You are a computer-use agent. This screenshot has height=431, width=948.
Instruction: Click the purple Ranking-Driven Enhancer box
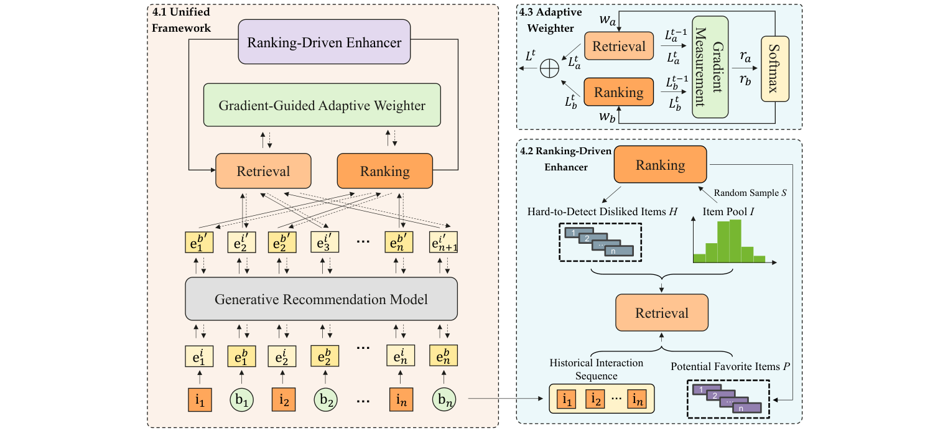point(324,43)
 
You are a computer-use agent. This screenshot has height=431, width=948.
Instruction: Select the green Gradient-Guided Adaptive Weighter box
point(322,106)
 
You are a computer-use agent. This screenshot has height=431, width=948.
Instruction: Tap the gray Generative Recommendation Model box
point(321,299)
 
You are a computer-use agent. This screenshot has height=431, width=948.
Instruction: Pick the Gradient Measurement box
point(710,67)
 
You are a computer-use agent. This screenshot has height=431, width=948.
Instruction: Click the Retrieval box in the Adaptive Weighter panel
point(619,47)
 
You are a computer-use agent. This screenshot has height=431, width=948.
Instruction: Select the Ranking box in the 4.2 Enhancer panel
point(660,165)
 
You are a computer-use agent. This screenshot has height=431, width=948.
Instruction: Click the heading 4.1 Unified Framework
point(180,19)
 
